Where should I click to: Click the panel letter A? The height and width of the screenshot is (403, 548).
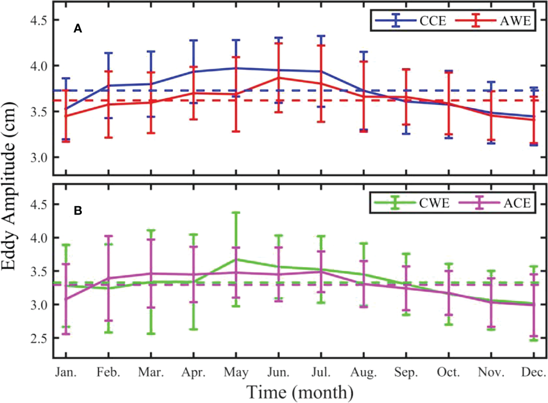coord(78,29)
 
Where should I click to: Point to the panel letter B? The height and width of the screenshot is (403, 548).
coord(78,211)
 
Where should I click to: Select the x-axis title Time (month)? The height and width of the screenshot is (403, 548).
coord(300,392)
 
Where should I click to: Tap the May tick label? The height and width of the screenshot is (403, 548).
coord(236,373)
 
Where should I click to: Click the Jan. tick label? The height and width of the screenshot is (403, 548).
coord(66,373)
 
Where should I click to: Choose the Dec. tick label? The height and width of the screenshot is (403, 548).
coord(534,373)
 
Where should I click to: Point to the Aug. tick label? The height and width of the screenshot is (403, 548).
coord(364,373)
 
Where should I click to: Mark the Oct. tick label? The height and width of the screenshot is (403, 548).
coord(448,373)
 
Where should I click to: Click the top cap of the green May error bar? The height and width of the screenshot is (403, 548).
coord(236,212)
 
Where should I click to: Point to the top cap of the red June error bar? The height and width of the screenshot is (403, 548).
coord(278,43)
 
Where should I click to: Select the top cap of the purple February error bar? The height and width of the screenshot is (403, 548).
coord(109,236)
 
